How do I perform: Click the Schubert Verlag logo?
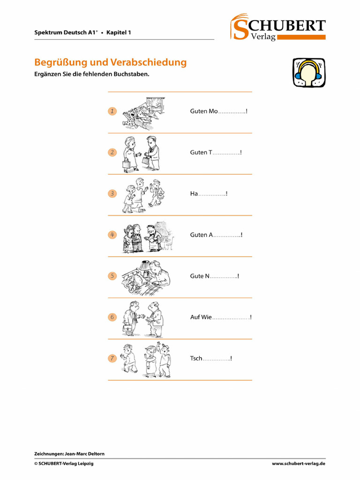point(277,27)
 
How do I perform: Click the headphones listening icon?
point(309,72)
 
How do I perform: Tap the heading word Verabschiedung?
point(149,62)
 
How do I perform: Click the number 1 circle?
point(112,111)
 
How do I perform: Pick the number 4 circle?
point(112,234)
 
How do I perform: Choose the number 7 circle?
point(112,359)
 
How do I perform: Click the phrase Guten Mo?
point(204,111)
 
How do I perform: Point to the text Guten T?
point(201,152)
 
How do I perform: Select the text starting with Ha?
point(194,194)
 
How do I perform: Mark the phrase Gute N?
point(200,276)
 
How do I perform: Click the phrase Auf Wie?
point(201,317)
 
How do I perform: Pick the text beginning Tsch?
point(196,359)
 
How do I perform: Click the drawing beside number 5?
point(146,277)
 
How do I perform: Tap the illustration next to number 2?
point(141,153)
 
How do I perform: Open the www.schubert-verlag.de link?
point(299,464)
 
